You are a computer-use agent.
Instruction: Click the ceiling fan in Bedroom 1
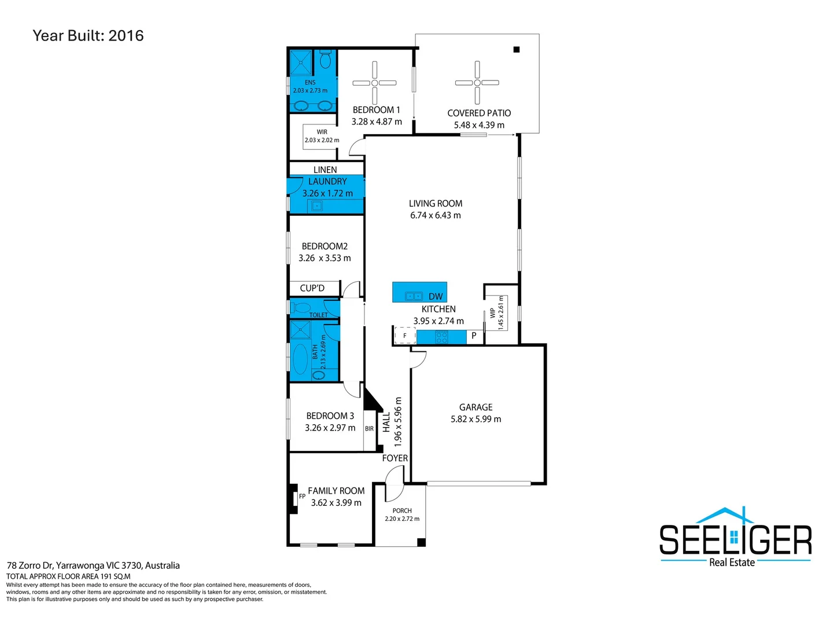tap(374, 83)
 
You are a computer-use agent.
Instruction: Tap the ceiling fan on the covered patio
tap(477, 83)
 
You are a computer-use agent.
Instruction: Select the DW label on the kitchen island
tap(435, 296)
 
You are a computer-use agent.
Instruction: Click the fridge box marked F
tap(404, 336)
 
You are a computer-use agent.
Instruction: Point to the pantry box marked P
tap(474, 336)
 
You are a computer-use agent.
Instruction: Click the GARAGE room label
tap(476, 407)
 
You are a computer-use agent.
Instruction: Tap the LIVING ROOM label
tap(435, 203)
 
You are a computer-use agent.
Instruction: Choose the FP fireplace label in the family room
tap(302, 496)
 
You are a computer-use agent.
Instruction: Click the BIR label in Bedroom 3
tap(369, 428)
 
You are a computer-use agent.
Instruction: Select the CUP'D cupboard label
tap(312, 288)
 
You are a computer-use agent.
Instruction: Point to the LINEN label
tap(325, 170)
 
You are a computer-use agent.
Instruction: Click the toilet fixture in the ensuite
tap(325, 59)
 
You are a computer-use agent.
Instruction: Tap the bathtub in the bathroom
tap(301, 359)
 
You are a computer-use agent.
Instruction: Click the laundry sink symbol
tap(317, 205)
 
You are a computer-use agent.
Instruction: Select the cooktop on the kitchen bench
tap(441, 337)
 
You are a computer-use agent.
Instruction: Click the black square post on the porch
tap(421, 542)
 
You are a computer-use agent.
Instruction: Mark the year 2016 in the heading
tap(126, 36)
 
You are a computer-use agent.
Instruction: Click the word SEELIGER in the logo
tap(735, 539)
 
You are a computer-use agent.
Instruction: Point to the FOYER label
tap(395, 458)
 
